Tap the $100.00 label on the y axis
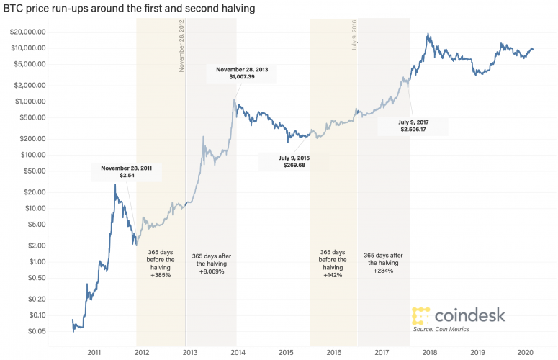click(32, 155)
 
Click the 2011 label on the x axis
click(94, 353)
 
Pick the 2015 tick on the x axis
click(286, 353)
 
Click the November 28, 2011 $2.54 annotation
click(127, 171)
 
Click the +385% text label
click(161, 275)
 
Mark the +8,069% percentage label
click(212, 271)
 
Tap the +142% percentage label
click(333, 275)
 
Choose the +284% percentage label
click(384, 271)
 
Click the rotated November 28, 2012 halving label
click(181, 44)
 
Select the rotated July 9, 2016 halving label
click(355, 35)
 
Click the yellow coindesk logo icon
click(421, 315)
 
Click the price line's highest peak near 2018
click(429, 33)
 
